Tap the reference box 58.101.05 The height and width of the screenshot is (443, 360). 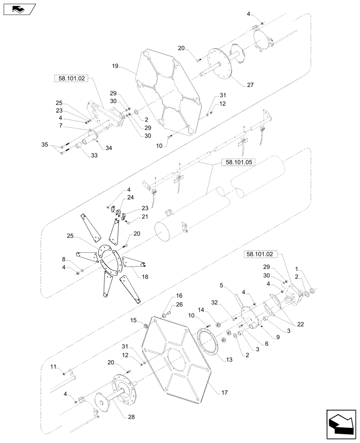232,163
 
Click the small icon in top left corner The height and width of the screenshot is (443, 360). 17,8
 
